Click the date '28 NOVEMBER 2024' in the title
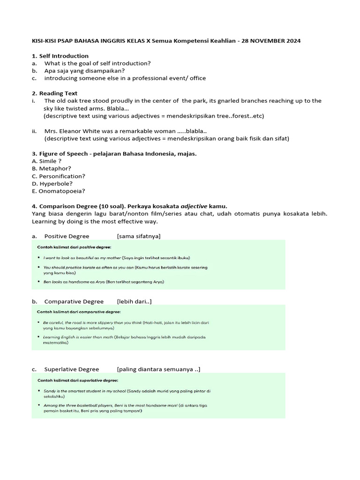point(272,41)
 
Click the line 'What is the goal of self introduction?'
point(97,63)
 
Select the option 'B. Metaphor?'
point(52,169)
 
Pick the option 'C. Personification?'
point(59,176)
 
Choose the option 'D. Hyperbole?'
point(52,184)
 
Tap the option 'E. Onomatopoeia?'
point(59,191)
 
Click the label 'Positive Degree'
point(67,236)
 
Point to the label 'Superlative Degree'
point(72,369)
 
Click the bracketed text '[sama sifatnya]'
point(139,236)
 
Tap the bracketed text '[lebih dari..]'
point(134,301)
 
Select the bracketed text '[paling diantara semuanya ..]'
point(158,369)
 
